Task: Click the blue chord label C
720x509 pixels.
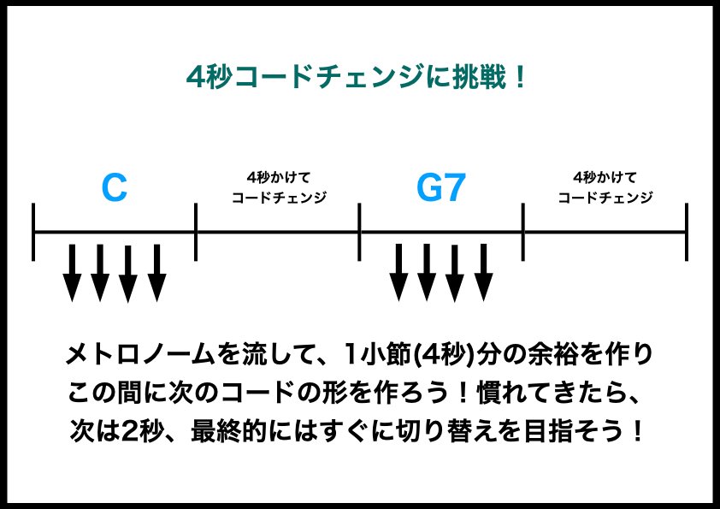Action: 114,189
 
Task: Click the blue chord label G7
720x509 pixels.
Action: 440,189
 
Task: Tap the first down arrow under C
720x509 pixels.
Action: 72,273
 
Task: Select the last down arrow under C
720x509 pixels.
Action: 156,273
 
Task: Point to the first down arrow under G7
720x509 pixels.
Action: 398,273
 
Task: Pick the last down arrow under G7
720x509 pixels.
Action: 483,273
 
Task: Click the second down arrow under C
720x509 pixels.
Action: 100,273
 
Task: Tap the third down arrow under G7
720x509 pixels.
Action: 455,273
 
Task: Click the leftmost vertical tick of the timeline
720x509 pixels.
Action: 33,232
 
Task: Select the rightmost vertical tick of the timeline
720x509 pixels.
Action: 687,232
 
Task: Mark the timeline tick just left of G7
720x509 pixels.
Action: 360,232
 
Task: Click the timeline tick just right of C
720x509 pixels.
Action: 197,232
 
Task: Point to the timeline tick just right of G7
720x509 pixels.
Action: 523,232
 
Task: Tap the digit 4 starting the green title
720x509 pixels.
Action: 195,79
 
